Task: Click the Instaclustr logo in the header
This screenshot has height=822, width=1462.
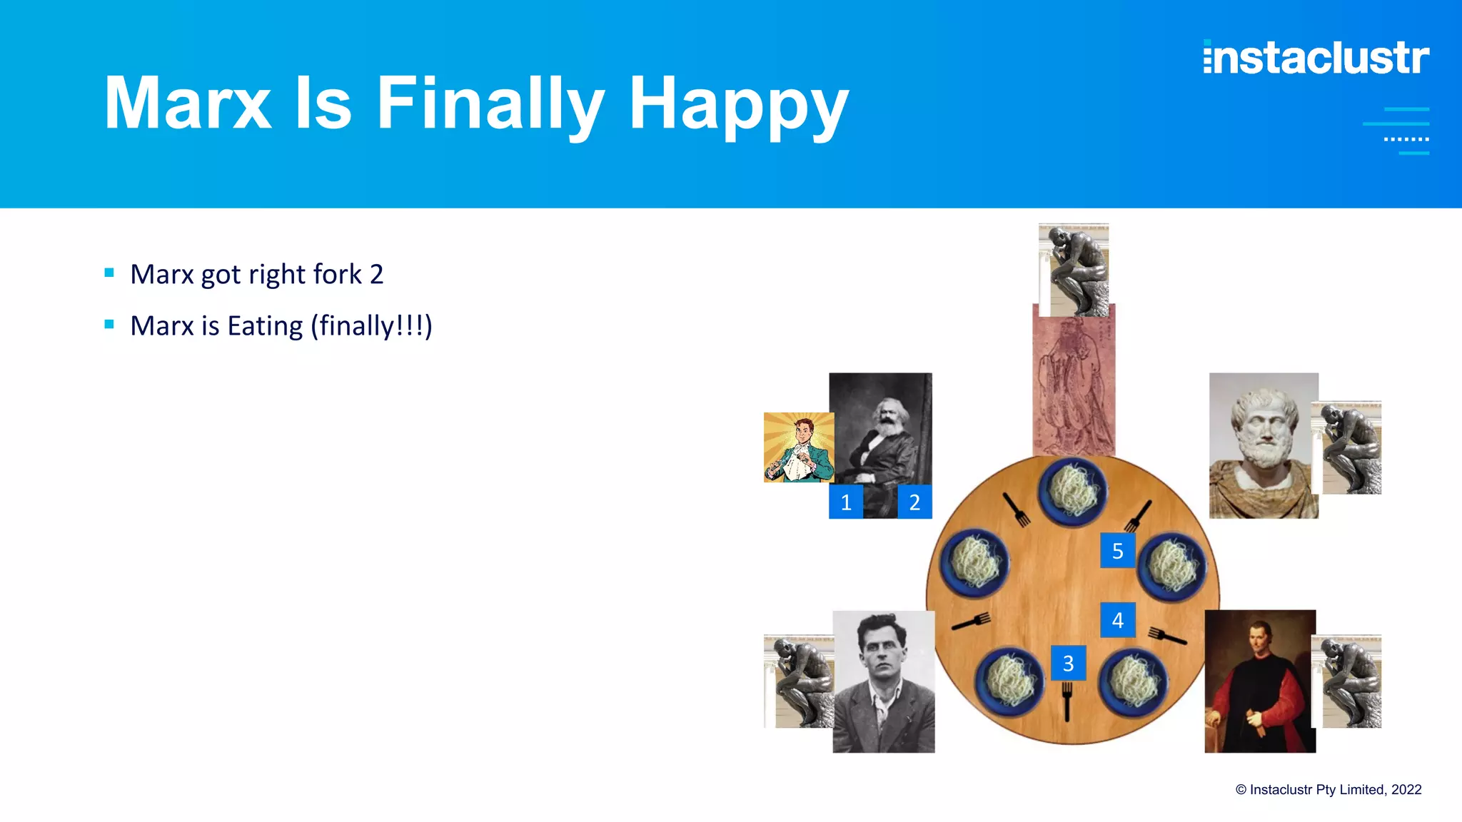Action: pyautogui.click(x=1316, y=58)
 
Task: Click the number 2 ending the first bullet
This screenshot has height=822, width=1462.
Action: pyautogui.click(x=376, y=275)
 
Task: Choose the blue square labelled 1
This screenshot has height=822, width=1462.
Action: pyautogui.click(x=846, y=502)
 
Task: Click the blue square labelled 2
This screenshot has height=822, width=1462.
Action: pyautogui.click(x=914, y=502)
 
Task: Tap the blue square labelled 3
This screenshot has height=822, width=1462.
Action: pyautogui.click(x=1068, y=663)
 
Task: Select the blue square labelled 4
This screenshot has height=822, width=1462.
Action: pyautogui.click(x=1117, y=620)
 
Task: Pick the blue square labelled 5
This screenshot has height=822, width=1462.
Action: pyautogui.click(x=1117, y=551)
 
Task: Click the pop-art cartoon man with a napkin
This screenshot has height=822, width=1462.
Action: pyautogui.click(x=799, y=447)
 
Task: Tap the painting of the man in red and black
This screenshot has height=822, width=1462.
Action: pyautogui.click(x=1260, y=681)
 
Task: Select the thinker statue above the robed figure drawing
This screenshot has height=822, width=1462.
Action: pyautogui.click(x=1074, y=270)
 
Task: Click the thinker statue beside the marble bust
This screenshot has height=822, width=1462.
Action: pyautogui.click(x=1348, y=448)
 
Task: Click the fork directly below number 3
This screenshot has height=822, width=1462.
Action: pyautogui.click(x=1067, y=701)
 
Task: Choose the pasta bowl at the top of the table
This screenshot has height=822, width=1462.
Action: pyautogui.click(x=1072, y=492)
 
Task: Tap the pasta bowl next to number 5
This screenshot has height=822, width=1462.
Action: pyautogui.click(x=1171, y=567)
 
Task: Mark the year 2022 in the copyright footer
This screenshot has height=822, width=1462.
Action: pyautogui.click(x=1406, y=790)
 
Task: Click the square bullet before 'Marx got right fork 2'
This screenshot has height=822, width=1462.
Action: pyautogui.click(x=109, y=273)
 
